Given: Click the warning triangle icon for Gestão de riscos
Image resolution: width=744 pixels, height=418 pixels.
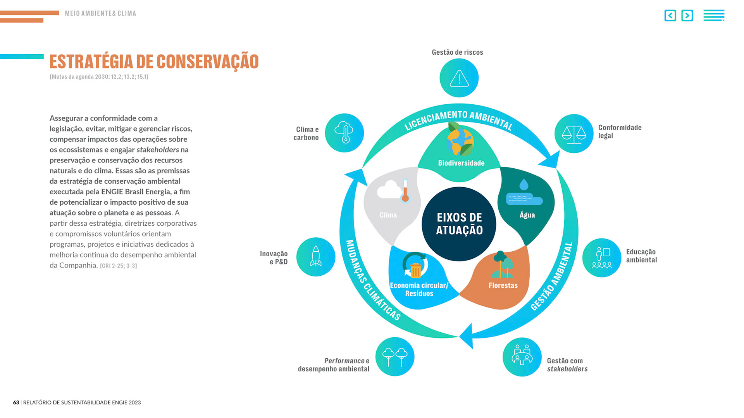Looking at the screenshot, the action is [459, 78].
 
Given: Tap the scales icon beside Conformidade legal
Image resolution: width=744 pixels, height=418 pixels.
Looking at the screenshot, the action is [574, 134].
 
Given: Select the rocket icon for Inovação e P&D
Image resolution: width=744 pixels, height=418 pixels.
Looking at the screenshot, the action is [316, 257].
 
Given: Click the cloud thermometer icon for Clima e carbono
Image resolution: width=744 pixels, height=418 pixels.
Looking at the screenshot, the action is [344, 133].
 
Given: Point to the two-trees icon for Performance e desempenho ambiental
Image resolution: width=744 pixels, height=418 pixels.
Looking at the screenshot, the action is [395, 357].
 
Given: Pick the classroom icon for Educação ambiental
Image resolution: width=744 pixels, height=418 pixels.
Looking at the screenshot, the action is [601, 258].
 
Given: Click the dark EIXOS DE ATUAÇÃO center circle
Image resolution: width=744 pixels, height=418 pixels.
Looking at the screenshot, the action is [459, 224].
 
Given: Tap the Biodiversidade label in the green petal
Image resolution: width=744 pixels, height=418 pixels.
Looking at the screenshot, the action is [461, 163].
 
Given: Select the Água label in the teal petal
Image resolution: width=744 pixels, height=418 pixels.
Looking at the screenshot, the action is [527, 215].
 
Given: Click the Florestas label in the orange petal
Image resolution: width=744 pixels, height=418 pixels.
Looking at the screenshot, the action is [503, 286].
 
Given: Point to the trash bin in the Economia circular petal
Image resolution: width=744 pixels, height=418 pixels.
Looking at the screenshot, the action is [415, 270].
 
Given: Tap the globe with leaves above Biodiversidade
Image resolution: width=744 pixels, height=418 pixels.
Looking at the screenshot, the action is [460, 140].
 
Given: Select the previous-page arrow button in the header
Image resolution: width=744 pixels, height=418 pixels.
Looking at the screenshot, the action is [670, 16].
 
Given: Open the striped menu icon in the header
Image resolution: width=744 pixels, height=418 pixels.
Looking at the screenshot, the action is [714, 16].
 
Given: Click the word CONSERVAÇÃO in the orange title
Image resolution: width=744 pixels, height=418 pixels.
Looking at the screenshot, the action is [207, 62].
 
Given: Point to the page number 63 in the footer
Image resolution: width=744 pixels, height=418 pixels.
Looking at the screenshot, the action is [16, 402].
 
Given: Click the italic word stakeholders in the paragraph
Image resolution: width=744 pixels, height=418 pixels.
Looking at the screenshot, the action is [158, 150].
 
